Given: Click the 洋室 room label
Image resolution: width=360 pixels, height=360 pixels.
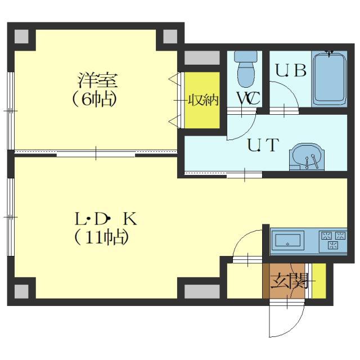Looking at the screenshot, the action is (98, 80).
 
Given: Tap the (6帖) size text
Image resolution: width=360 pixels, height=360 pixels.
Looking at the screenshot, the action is (94, 100).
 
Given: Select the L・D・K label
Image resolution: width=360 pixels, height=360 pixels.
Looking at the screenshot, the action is (106, 219).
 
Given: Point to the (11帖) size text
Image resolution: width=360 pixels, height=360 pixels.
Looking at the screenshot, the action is (101, 237).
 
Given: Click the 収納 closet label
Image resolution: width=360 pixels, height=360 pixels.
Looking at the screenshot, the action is (203, 100).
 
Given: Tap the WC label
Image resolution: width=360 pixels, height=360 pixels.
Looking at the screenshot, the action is (249, 98).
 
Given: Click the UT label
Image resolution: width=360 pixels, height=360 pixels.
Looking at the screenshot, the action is (264, 145).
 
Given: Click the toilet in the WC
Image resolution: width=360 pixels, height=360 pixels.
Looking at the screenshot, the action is (245, 69).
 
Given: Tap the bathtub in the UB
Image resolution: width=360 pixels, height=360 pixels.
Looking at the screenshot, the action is (329, 79).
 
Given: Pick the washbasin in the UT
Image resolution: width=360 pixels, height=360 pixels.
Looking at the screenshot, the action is (307, 157).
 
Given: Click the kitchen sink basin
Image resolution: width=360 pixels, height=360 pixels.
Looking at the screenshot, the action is (288, 241).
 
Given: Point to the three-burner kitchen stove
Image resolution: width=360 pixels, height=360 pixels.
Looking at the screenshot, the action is (333, 241).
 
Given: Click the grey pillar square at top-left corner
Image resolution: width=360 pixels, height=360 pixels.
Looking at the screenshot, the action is (21, 36).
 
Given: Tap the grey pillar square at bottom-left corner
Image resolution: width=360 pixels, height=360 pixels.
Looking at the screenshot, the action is (21, 291).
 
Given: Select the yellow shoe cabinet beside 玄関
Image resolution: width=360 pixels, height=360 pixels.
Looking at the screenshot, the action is (319, 281).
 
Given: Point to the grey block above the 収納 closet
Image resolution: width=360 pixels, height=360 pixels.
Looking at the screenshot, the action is (202, 58).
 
